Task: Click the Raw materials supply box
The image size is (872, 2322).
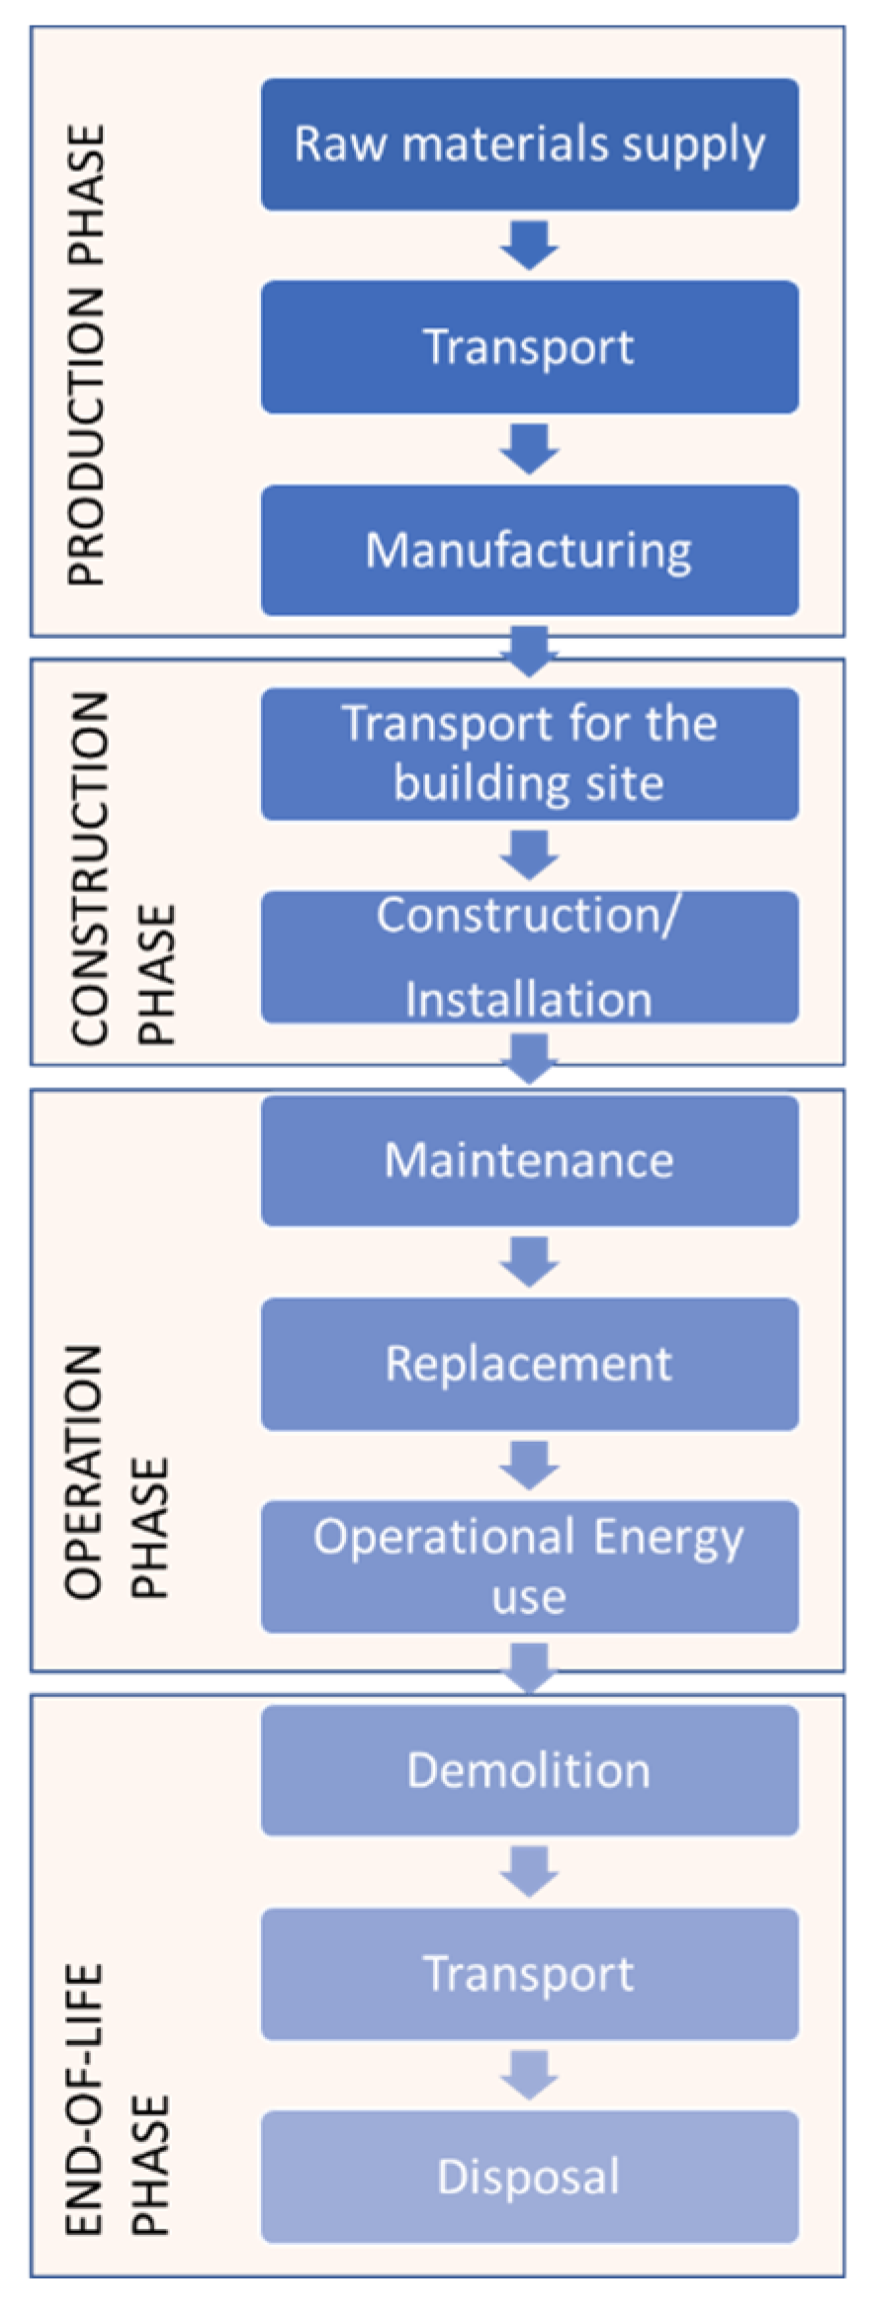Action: coord(529,144)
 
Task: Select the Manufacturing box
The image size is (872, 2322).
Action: coord(529,550)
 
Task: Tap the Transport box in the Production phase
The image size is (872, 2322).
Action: coord(529,347)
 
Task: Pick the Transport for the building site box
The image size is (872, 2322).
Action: coord(529,754)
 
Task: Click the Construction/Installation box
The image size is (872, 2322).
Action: coord(529,956)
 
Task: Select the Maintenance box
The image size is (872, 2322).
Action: coord(529,1160)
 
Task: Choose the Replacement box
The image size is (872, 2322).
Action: coord(529,1364)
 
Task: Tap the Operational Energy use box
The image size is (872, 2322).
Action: coord(529,1566)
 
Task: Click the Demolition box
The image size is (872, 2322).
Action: coord(529,1770)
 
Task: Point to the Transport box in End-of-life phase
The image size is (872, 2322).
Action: coord(529,1974)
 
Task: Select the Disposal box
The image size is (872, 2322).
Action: coord(529,2177)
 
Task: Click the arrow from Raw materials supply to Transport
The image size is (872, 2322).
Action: coord(529,245)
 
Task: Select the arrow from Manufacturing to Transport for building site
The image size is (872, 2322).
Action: coord(529,651)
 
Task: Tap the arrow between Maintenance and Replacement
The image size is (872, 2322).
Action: coord(529,1262)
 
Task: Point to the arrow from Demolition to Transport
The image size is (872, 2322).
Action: coord(529,1872)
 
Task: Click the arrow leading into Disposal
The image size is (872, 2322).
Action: coord(529,2075)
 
